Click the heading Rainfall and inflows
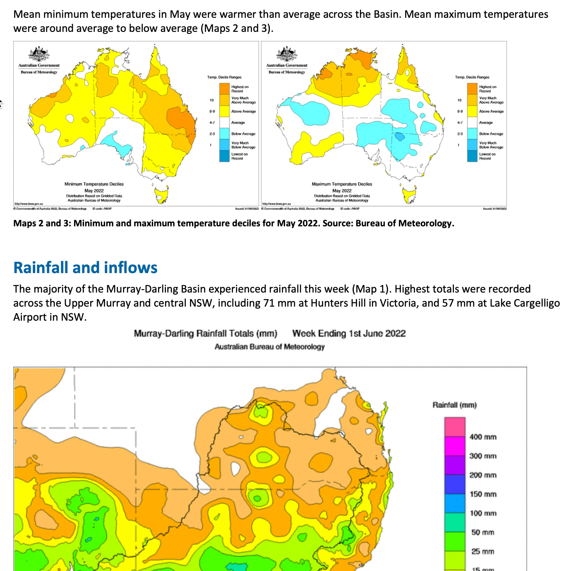click(85, 268)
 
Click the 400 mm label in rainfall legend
click(482, 437)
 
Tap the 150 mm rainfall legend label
click(482, 494)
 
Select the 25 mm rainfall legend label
click(482, 552)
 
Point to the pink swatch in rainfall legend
click(455, 427)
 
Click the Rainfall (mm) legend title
click(454, 405)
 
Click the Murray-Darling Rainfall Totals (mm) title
click(205, 333)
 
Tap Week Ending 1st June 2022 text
click(349, 333)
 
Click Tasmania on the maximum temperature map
click(409, 195)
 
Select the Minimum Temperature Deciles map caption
click(94, 184)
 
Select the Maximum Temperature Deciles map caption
click(342, 184)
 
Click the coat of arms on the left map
click(39, 54)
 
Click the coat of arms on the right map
click(287, 54)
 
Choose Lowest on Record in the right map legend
click(487, 156)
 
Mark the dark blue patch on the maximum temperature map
click(399, 136)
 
